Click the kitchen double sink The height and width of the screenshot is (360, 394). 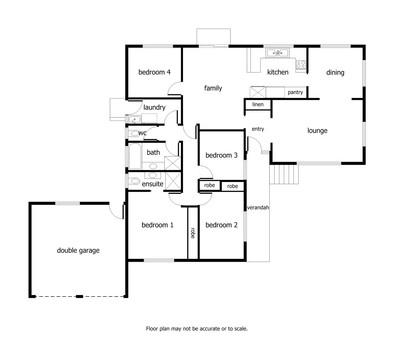[277, 53]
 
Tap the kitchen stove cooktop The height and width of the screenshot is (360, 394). [301, 65]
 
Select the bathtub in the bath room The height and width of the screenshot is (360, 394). [135, 156]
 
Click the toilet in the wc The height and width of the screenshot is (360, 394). [134, 133]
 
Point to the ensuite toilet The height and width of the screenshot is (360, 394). [135, 181]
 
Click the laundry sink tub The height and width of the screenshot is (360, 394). [134, 119]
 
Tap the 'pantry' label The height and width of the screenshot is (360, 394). [295, 92]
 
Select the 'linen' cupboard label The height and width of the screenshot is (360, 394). [258, 104]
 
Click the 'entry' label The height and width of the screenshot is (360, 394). [258, 129]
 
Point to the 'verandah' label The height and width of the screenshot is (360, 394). [258, 207]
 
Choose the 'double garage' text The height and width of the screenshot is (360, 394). [78, 250]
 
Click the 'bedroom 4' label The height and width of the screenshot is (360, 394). [154, 72]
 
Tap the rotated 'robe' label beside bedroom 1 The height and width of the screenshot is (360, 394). [193, 233]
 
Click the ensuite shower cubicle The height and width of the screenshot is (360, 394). [173, 181]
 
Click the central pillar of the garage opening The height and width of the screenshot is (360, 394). [79, 297]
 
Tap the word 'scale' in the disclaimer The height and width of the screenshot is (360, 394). [241, 329]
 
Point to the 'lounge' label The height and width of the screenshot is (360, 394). [317, 131]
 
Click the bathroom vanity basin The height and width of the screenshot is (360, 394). [153, 166]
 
